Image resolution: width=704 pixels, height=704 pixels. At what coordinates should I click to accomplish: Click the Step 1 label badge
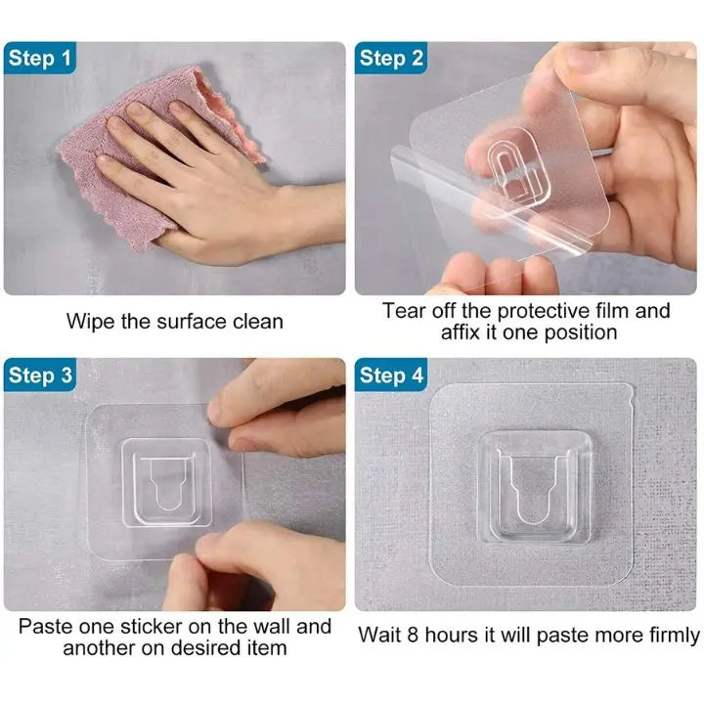[x=40, y=58]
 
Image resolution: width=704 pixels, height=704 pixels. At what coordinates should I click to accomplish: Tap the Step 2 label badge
[x=391, y=58]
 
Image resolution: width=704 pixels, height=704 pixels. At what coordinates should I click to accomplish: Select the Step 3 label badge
[x=40, y=374]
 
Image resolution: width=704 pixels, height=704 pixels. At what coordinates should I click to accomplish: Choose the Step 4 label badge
[x=391, y=374]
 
